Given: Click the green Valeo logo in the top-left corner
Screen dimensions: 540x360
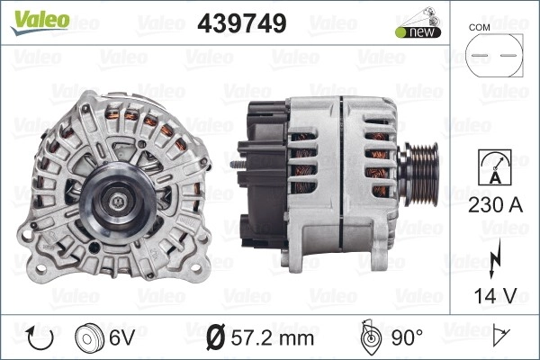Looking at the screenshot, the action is pos(40,22).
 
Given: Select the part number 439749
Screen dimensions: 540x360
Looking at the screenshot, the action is pos(242,23).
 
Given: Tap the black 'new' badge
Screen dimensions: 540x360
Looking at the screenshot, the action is pos(418,32).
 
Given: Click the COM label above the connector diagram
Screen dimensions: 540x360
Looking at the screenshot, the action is pos(479,28).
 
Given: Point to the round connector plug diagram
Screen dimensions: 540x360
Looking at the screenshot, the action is pos(494,56).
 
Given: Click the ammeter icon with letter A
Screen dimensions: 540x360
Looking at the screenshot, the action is pos(495,167).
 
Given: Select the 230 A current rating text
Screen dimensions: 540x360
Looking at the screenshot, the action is pos(495,205).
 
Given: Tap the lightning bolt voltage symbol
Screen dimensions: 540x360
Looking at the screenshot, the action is pos(494,259).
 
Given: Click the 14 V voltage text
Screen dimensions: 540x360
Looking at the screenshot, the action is pos(495,295).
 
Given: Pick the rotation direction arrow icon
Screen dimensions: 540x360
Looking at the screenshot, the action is pos(40,338).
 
